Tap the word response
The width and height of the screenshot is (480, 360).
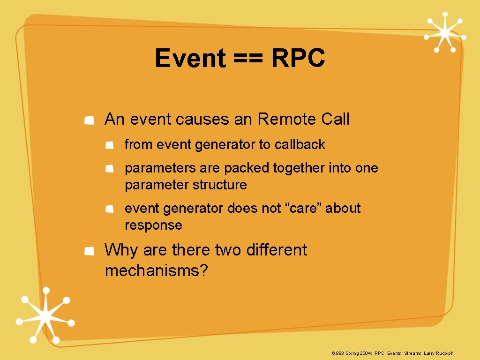click(x=153, y=225)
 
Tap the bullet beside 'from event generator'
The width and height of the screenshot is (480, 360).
click(x=109, y=146)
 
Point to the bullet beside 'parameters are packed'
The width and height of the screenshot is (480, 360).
click(x=109, y=169)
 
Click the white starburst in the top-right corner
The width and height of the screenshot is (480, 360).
click(x=444, y=31)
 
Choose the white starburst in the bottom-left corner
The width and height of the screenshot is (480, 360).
click(x=45, y=316)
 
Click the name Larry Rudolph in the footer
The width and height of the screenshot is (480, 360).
click(x=439, y=353)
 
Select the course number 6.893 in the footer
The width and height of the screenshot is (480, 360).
click(x=337, y=353)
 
